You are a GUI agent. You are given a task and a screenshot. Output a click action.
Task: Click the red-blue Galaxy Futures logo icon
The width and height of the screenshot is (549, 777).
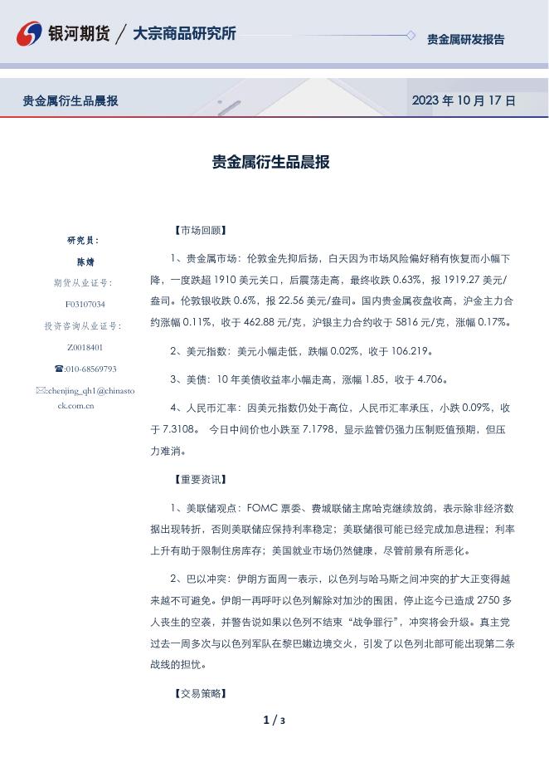coord(30,34)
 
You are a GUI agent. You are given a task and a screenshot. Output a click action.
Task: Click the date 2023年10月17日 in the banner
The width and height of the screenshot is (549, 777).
coord(464,100)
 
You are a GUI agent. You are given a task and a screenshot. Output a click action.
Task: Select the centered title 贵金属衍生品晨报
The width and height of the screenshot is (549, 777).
coord(271,162)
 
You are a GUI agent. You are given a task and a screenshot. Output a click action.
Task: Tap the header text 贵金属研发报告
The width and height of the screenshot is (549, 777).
coord(465,39)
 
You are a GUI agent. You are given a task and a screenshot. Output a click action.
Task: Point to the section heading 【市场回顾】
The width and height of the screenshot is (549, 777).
coord(200,231)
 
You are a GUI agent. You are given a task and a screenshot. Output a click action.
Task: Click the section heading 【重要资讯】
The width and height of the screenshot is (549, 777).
coord(200,480)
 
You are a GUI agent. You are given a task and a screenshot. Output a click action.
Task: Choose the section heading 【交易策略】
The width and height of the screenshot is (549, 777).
coord(200,693)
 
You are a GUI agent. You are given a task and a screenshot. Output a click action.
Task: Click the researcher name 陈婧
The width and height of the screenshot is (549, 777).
coord(85,261)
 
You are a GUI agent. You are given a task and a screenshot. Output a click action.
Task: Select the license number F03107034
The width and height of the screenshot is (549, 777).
coord(85,305)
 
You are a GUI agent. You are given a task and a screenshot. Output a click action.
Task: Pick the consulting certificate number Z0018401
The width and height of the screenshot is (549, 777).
coord(85,348)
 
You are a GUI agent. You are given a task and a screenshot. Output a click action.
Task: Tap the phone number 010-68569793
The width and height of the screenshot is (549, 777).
coord(90,369)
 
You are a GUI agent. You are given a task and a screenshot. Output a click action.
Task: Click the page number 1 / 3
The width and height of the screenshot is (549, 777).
coord(274,720)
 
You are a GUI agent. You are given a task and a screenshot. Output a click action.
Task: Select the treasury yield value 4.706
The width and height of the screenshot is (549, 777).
coord(431,379)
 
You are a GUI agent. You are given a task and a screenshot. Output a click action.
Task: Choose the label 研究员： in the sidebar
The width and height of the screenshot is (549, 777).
coord(83,240)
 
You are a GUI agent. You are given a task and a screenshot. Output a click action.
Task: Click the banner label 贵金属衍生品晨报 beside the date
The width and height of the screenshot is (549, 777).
coord(70,100)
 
